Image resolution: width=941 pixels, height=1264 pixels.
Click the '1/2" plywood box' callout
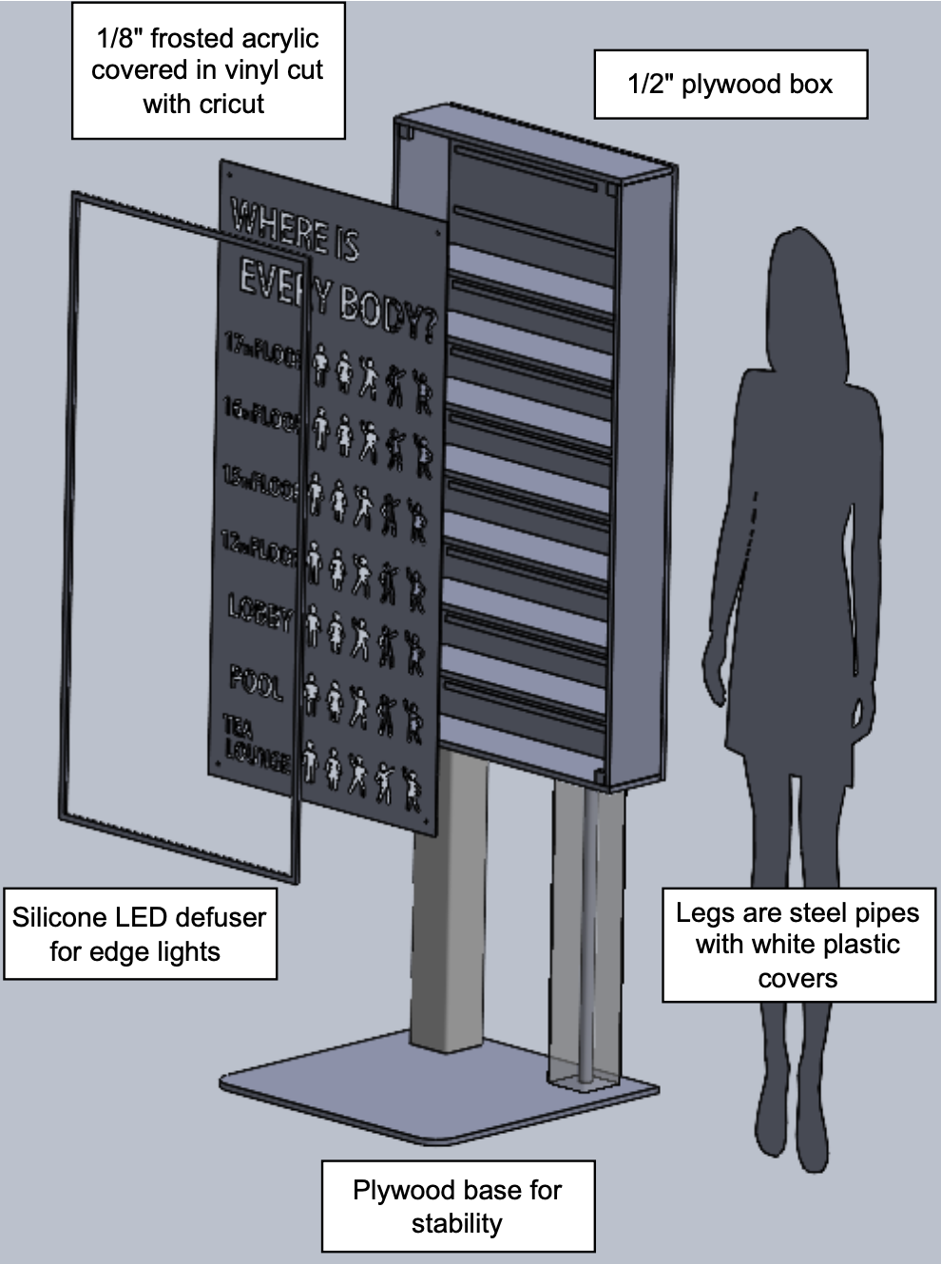(x=730, y=84)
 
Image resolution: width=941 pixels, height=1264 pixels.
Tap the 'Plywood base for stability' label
(x=457, y=1205)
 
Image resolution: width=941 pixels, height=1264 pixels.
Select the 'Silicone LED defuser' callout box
(x=140, y=933)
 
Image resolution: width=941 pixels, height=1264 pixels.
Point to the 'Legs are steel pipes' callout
(x=797, y=945)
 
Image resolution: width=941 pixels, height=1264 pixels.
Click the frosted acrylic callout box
(x=208, y=70)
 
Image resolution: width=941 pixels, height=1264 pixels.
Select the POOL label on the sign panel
(x=256, y=680)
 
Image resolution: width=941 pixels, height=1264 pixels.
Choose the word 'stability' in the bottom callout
(x=457, y=1222)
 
